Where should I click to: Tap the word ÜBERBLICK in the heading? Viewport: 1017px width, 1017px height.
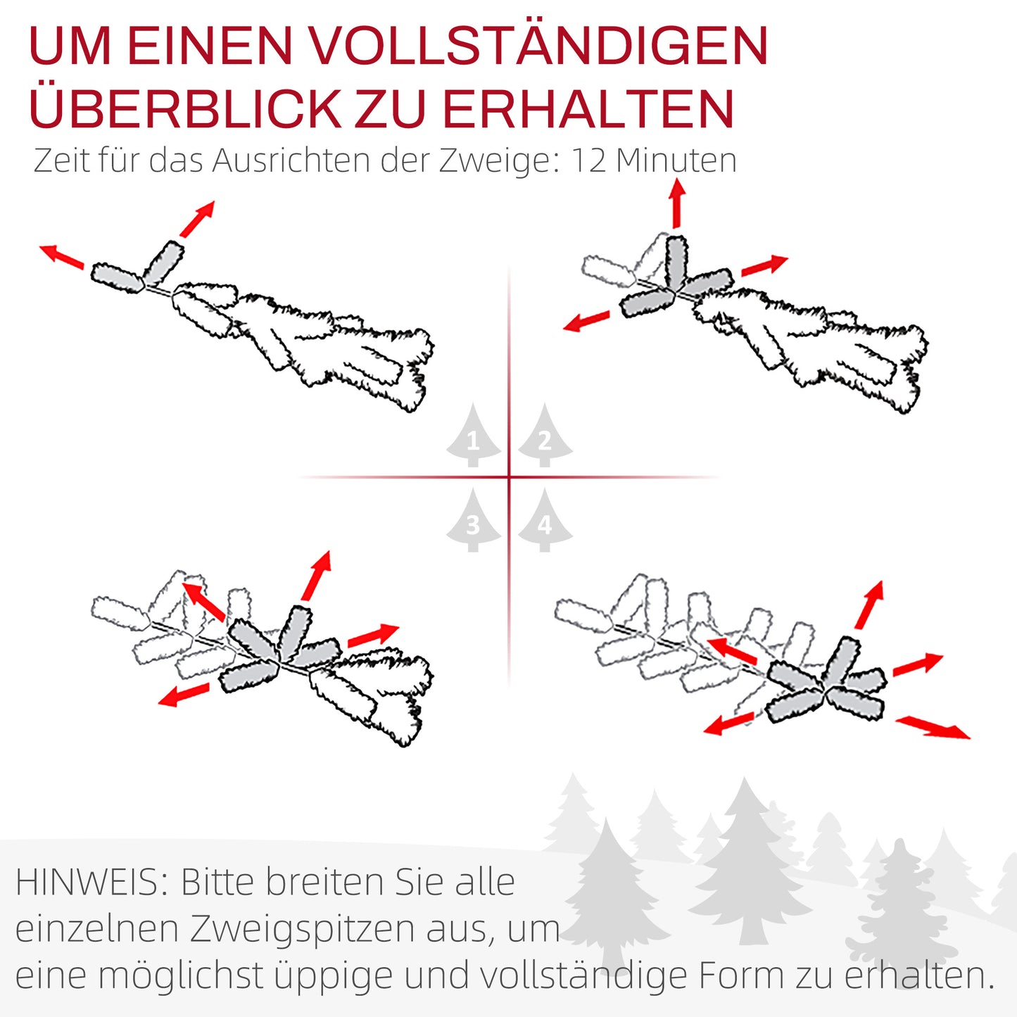click(x=185, y=109)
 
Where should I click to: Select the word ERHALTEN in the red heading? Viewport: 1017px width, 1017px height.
click(x=588, y=109)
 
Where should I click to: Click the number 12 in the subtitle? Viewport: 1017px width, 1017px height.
click(x=588, y=160)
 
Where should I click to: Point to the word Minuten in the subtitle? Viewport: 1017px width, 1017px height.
click(x=676, y=160)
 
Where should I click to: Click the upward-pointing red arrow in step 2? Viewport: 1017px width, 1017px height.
click(x=677, y=203)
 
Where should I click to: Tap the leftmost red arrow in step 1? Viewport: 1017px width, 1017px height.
click(x=61, y=256)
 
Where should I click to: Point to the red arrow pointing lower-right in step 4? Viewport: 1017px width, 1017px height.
click(x=933, y=727)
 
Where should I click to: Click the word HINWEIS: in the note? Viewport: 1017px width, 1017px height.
click(x=92, y=883)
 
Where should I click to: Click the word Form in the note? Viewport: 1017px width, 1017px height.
click(x=741, y=975)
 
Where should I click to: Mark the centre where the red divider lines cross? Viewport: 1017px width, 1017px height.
click(x=509, y=477)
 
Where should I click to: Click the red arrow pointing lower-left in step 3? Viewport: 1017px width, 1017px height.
click(x=184, y=695)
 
